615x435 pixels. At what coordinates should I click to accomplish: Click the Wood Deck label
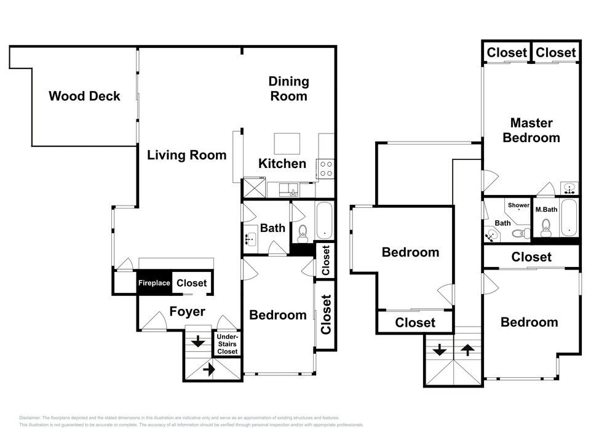pyautogui.click(x=84, y=96)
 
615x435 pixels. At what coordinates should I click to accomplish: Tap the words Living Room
pyautogui.click(x=186, y=154)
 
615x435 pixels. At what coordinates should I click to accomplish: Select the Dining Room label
pyautogui.click(x=289, y=89)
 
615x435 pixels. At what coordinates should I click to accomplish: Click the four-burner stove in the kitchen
pyautogui.click(x=325, y=169)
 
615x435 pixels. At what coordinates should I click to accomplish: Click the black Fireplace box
pyautogui.click(x=154, y=284)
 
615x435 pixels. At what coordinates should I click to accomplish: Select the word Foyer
pyautogui.click(x=187, y=312)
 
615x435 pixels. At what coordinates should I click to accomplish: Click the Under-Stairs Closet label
pyautogui.click(x=227, y=344)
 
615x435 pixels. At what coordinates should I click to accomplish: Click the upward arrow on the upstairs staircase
pyautogui.click(x=468, y=350)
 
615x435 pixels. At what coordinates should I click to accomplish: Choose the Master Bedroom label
pyautogui.click(x=531, y=130)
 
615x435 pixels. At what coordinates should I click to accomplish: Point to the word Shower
pyautogui.click(x=518, y=206)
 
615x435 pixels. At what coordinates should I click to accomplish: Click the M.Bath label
pyautogui.click(x=546, y=210)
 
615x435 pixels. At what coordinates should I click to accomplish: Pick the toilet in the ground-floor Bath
pyautogui.click(x=302, y=233)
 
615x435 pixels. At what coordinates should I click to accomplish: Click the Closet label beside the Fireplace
pyautogui.click(x=191, y=284)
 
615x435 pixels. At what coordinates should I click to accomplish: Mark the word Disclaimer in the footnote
pyautogui.click(x=30, y=418)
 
